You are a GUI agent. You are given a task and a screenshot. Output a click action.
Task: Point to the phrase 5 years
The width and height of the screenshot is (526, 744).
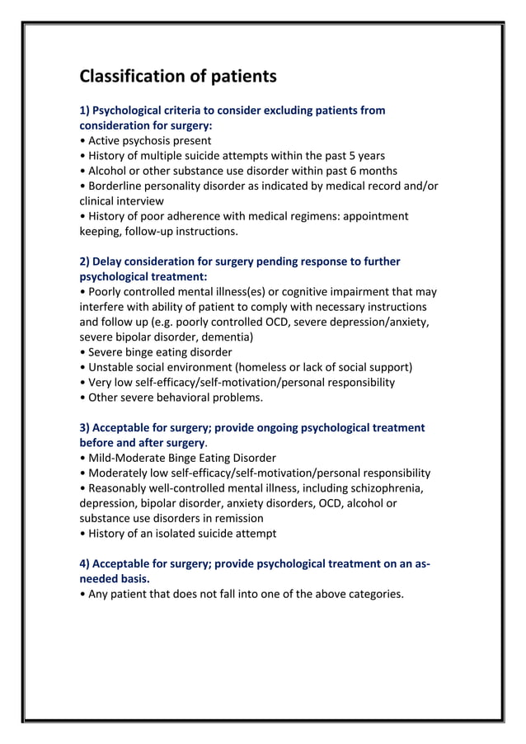click(x=364, y=155)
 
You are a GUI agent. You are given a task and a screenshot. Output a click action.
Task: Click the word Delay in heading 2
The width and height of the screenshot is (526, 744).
click(x=109, y=261)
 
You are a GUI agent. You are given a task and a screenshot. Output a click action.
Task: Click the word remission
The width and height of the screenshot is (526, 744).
click(x=237, y=518)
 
